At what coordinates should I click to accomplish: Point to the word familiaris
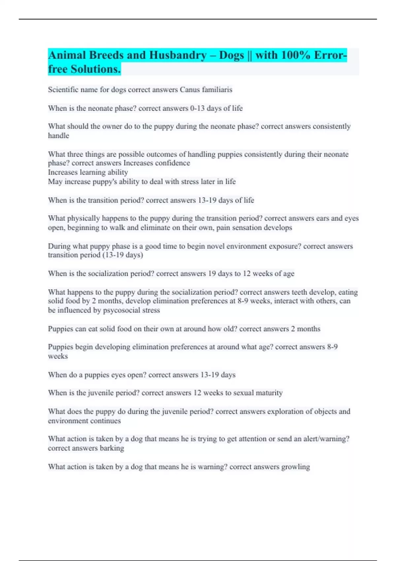217,90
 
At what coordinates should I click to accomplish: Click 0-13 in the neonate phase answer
197,108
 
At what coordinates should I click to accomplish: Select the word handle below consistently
58,136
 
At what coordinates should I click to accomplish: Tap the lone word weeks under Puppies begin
58,356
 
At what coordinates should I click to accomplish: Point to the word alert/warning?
326,439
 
